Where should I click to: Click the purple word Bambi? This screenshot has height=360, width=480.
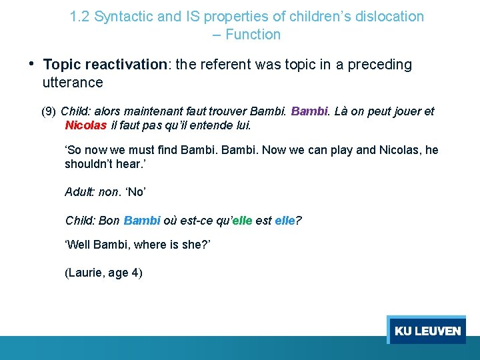click(x=309, y=111)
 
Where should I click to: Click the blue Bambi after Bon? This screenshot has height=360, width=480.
click(x=142, y=220)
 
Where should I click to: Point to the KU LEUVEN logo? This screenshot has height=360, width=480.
click(x=427, y=331)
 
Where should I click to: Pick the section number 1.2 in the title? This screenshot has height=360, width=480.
click(x=80, y=17)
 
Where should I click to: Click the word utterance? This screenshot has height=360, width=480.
click(x=73, y=83)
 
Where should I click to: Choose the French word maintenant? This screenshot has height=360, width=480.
click(x=120, y=111)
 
